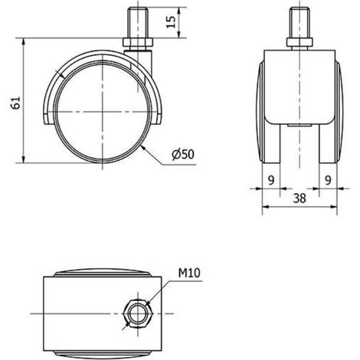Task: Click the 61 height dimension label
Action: point(16,103)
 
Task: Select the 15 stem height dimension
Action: point(171,22)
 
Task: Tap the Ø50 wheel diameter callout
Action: point(183,154)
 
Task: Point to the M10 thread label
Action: point(189,273)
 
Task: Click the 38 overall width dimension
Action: point(299,198)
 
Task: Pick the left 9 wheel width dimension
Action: point(271,181)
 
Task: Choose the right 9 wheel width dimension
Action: point(328,181)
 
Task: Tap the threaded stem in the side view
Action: point(138,23)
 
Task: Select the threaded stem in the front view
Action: point(299,23)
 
